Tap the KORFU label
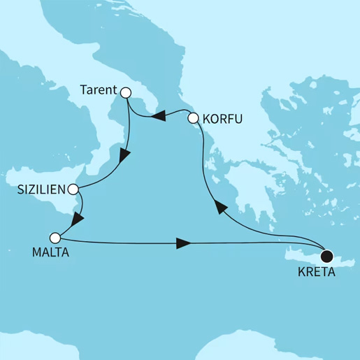(222, 120)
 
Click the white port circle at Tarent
(126, 92)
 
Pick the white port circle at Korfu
(194, 120)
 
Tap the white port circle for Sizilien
(73, 189)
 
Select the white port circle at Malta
(55, 237)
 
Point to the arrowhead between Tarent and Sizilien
(124, 157)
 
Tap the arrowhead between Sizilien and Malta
(76, 219)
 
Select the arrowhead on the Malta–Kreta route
(183, 243)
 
